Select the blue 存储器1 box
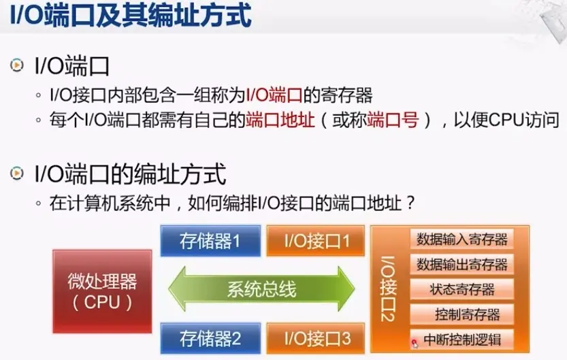tap(210, 240)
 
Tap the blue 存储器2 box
tap(210, 337)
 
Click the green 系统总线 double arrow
tap(262, 289)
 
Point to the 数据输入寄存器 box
tap(462, 240)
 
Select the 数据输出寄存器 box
tap(462, 264)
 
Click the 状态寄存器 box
tap(462, 289)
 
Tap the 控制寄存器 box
tap(462, 314)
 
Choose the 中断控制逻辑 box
tap(462, 338)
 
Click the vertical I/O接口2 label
tap(387, 289)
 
